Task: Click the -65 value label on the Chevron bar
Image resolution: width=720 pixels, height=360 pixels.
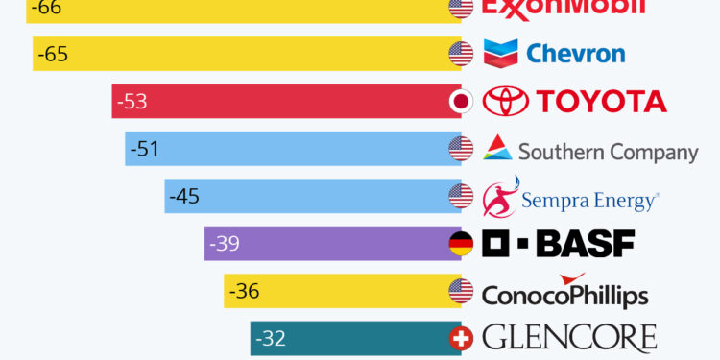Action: tap(53, 55)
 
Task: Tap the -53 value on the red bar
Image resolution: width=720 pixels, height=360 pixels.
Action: tap(132, 102)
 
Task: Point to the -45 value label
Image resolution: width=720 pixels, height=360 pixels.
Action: tap(183, 197)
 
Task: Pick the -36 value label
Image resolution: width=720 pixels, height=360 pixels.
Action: tap(244, 291)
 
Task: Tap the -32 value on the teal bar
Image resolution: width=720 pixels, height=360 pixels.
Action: tap(270, 338)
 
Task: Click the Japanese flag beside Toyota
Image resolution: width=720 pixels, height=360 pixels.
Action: tap(461, 102)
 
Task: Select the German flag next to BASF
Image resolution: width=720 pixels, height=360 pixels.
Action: tap(461, 244)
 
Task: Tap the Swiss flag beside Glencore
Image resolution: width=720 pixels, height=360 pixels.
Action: tap(461, 338)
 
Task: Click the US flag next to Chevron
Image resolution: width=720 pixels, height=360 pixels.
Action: tap(461, 54)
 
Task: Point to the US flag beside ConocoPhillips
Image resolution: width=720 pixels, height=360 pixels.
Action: tap(461, 291)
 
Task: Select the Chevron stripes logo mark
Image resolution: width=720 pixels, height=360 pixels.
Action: tap(501, 53)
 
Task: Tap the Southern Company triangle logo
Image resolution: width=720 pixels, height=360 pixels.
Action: tap(497, 148)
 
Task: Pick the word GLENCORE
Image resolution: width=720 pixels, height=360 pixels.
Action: tap(569, 338)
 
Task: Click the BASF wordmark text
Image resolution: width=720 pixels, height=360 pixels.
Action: tap(584, 244)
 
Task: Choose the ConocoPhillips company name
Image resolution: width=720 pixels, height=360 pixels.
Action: tap(564, 294)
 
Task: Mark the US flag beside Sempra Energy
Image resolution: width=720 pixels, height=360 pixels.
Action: tap(461, 197)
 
